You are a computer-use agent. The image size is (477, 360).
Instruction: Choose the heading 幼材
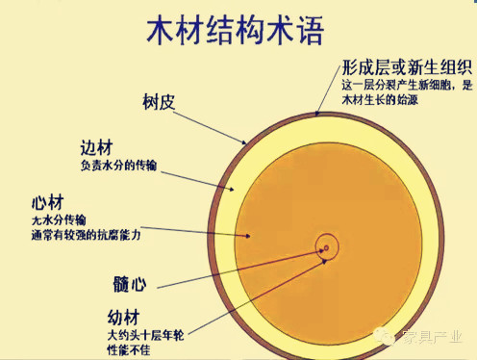tap(129, 317)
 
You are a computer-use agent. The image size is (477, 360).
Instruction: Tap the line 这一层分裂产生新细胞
tap(395, 86)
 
